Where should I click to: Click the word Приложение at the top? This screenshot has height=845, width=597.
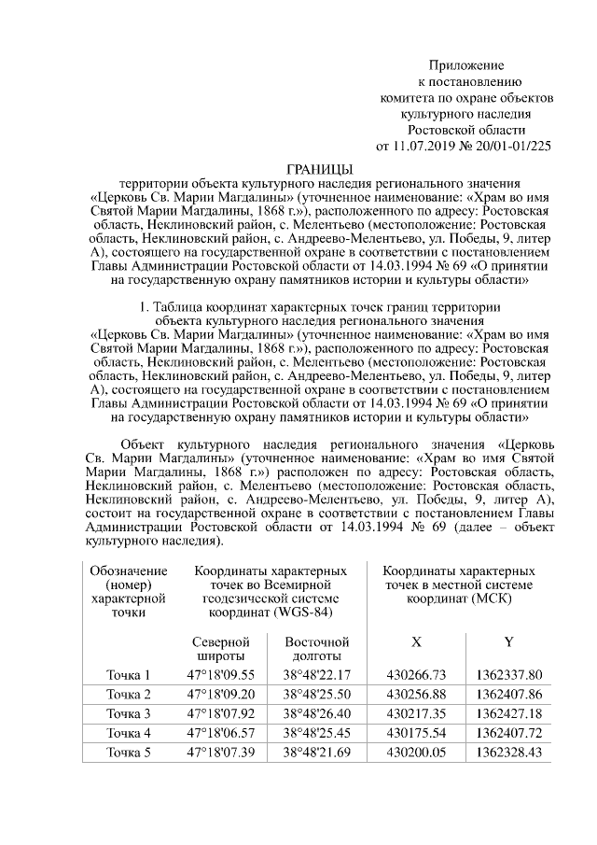(465, 65)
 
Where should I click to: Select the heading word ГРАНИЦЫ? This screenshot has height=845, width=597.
(318, 168)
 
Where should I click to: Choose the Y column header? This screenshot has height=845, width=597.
(508, 642)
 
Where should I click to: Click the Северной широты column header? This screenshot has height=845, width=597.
(221, 650)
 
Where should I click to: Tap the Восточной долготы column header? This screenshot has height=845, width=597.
(316, 650)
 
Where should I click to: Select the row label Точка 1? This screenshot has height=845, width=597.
(128, 675)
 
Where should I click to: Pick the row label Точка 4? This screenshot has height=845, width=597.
(128, 733)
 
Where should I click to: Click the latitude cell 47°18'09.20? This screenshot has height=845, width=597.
(221, 695)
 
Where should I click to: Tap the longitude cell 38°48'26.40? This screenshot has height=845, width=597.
(316, 714)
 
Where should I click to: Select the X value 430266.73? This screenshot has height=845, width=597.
(416, 675)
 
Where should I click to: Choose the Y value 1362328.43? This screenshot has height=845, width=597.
(508, 753)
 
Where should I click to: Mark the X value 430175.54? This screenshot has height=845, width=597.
(416, 733)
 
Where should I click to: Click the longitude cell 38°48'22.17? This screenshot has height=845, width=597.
(316, 675)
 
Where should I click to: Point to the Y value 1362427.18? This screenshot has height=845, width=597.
(508, 714)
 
